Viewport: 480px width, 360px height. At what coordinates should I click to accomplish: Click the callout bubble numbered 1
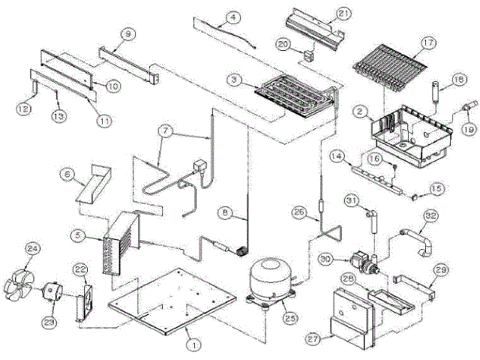point(193,346)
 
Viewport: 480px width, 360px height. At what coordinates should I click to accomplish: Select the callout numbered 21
point(344,14)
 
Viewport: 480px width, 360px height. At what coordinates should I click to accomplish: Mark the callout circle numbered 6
point(67,173)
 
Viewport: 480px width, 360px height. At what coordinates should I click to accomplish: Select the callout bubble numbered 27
point(313,339)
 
